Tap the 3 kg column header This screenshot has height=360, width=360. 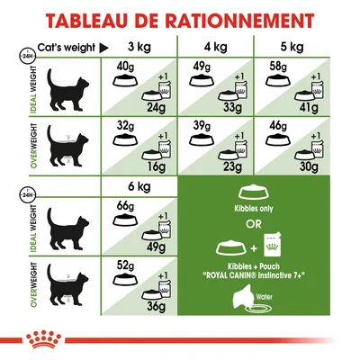tap(137, 47)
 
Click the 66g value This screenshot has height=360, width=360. tap(123, 211)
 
